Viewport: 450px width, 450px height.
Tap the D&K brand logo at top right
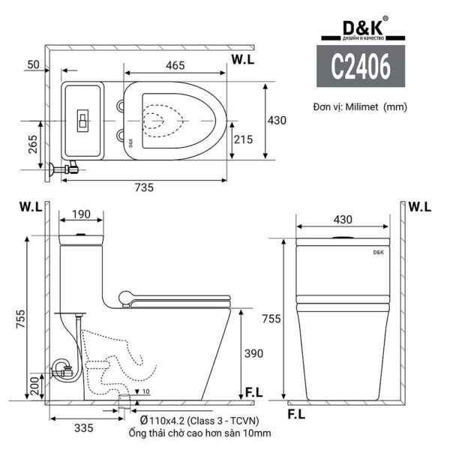[x=355, y=28]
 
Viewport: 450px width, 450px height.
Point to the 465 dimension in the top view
[x=175, y=65]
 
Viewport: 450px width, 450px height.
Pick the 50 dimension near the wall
[x=32, y=65]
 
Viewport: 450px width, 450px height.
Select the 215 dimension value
[x=242, y=139]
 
